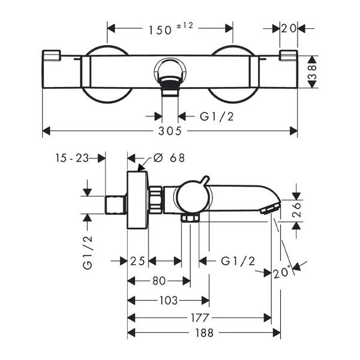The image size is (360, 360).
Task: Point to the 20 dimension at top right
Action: [x=289, y=28]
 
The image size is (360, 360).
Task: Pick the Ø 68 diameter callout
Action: [x=169, y=158]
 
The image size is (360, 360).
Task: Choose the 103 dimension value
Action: [x=168, y=300]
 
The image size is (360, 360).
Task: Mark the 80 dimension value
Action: [x=158, y=280]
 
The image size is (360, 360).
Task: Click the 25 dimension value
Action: [x=138, y=260]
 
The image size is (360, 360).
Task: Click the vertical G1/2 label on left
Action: [x=88, y=251]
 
